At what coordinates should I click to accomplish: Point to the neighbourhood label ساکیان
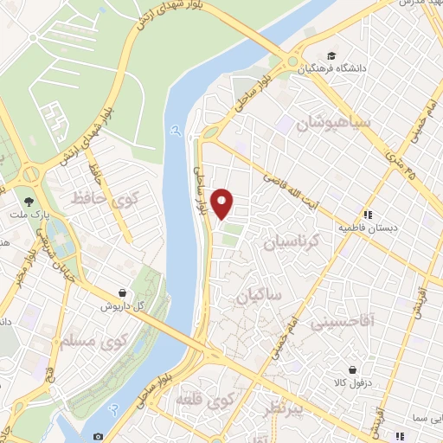pos(259,296)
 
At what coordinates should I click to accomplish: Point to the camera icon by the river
pos(97,435)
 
